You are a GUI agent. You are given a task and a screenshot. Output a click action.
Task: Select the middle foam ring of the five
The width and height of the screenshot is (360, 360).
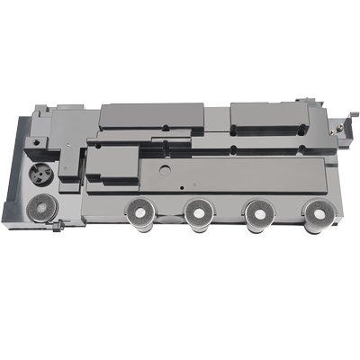197,213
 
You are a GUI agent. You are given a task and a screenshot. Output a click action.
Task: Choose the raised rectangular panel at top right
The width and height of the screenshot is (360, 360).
270,114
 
